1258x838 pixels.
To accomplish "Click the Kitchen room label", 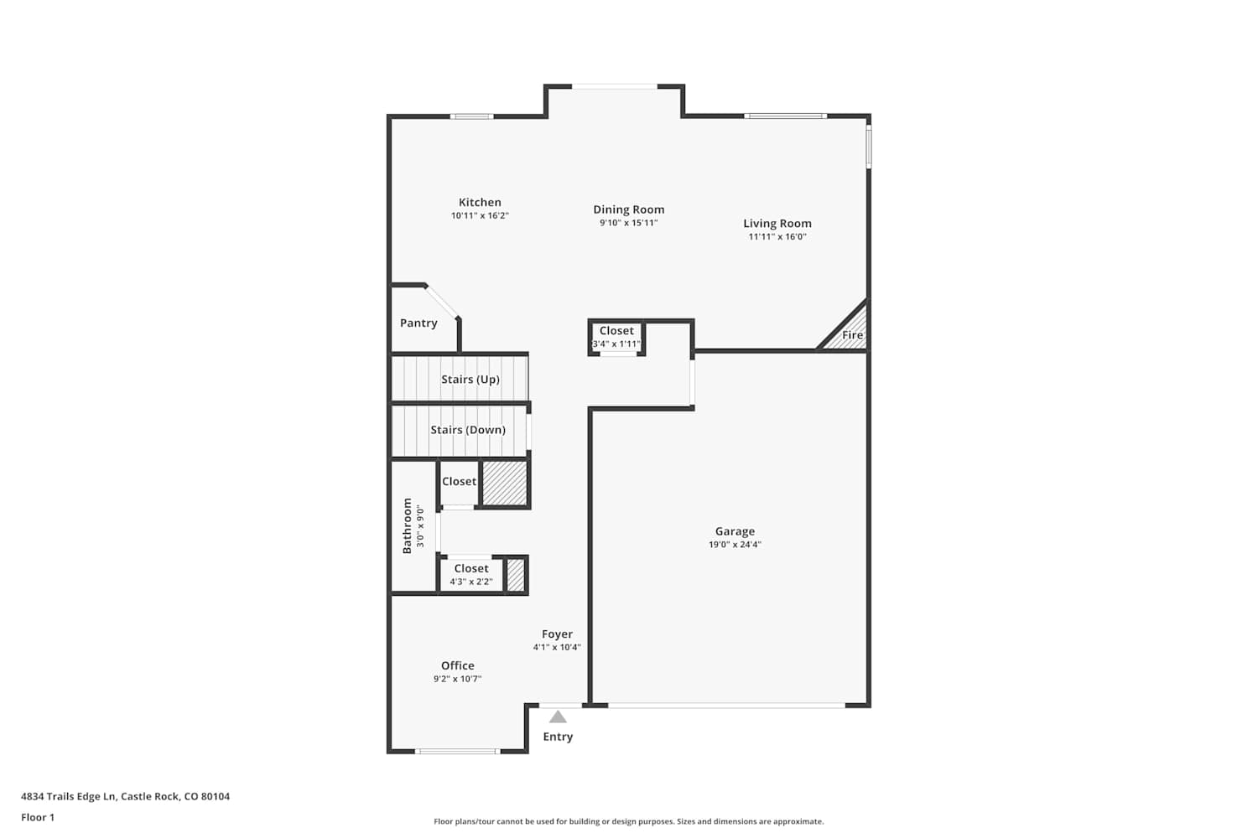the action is pos(480,202).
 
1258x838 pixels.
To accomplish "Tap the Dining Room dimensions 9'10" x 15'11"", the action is pos(628,223).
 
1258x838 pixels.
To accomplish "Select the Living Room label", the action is pos(777,224).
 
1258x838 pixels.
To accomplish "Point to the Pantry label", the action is pos(418,323).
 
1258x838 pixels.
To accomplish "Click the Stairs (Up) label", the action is pos(470,380).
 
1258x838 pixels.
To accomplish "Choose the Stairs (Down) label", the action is pos(468,430).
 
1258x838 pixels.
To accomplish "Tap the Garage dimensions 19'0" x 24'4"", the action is pos(735,545).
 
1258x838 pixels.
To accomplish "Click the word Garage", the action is pos(735,531).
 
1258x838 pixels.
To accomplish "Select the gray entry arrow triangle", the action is pos(558,716).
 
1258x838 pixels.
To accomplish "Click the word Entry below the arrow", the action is pos(558,737).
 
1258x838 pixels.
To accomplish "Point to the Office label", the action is pos(457,665).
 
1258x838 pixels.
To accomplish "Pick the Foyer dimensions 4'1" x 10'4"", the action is pos(557,647).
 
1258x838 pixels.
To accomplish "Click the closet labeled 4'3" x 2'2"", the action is pos(471,575).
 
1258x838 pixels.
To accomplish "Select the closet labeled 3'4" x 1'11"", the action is pos(616,338).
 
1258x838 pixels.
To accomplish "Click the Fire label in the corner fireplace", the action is pos(852,335).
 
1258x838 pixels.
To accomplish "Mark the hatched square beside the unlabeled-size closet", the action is pos(505,484).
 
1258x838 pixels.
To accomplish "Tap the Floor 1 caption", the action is pos(38,817).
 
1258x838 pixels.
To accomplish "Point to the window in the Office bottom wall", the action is pos(457,752).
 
